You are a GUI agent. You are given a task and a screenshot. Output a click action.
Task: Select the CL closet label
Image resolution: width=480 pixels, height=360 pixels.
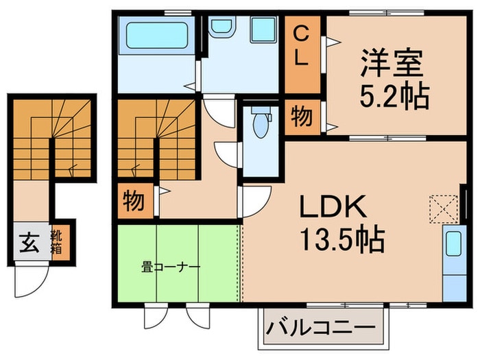pyautogui.click(x=302, y=46)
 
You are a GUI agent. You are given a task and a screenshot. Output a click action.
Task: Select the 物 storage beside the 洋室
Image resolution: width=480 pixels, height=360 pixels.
pyautogui.click(x=302, y=116)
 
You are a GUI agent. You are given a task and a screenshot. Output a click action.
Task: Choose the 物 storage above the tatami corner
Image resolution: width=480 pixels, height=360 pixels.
pyautogui.click(x=132, y=202)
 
